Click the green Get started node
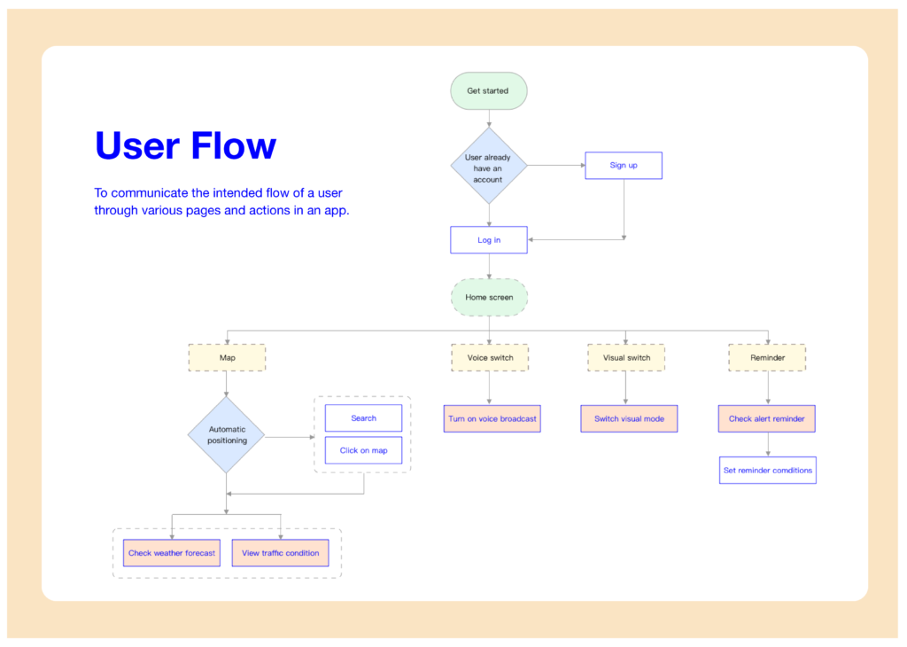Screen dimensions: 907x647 pos(489,91)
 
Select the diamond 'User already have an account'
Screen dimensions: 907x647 pos(489,166)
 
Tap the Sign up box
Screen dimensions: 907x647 pos(624,166)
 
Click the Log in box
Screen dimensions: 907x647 pos(489,239)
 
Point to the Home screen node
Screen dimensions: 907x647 pos(489,298)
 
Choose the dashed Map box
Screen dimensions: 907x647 pos(227,358)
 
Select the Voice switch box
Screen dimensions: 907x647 pos(490,358)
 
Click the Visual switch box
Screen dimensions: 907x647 pos(626,358)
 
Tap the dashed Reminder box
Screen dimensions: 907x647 pos(767,358)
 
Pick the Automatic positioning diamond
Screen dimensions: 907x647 pos(226,434)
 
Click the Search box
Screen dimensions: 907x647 pos(363,417)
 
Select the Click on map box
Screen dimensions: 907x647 pos(363,450)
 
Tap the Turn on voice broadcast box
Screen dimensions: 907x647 pos(492,418)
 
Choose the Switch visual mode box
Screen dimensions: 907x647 pos(629,418)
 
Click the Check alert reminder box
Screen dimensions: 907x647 pos(766,418)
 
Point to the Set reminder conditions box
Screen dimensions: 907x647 pos(768,471)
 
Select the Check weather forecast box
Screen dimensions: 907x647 pos(172,553)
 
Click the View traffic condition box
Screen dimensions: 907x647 pos(280,553)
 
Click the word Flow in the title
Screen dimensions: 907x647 pos(234,145)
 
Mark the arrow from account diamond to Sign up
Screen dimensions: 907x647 pos(556,166)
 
